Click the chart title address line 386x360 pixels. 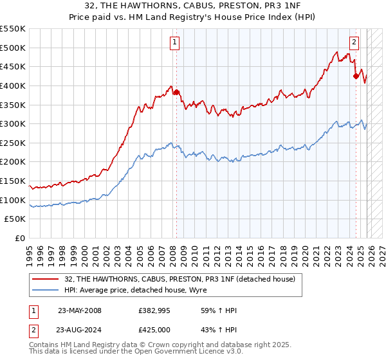click(192, 6)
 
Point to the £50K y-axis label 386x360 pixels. click(15, 219)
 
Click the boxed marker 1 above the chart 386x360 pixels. click(175, 43)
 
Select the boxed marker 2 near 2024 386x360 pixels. click(354, 43)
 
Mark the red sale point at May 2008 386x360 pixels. click(176, 93)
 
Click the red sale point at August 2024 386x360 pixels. click(356, 76)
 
